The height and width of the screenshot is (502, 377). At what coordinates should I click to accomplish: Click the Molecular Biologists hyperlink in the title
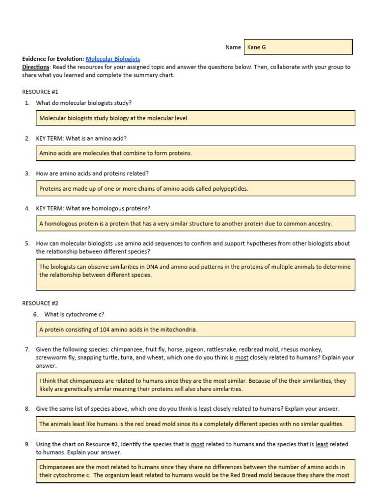(112, 59)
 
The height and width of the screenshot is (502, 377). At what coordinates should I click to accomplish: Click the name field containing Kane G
(299, 47)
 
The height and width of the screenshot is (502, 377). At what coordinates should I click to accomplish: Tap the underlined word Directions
(36, 67)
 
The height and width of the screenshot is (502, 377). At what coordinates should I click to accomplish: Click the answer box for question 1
(195, 118)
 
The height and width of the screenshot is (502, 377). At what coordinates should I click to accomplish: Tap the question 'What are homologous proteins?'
(93, 208)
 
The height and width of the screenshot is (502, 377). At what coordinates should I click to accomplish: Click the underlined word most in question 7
(242, 357)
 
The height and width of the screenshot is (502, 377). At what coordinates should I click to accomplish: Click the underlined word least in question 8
(205, 408)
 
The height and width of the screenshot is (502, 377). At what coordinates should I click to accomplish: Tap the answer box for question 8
(195, 424)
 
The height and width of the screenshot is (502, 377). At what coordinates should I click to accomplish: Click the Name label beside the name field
(233, 47)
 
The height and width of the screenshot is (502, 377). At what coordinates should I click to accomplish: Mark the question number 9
(27, 444)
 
